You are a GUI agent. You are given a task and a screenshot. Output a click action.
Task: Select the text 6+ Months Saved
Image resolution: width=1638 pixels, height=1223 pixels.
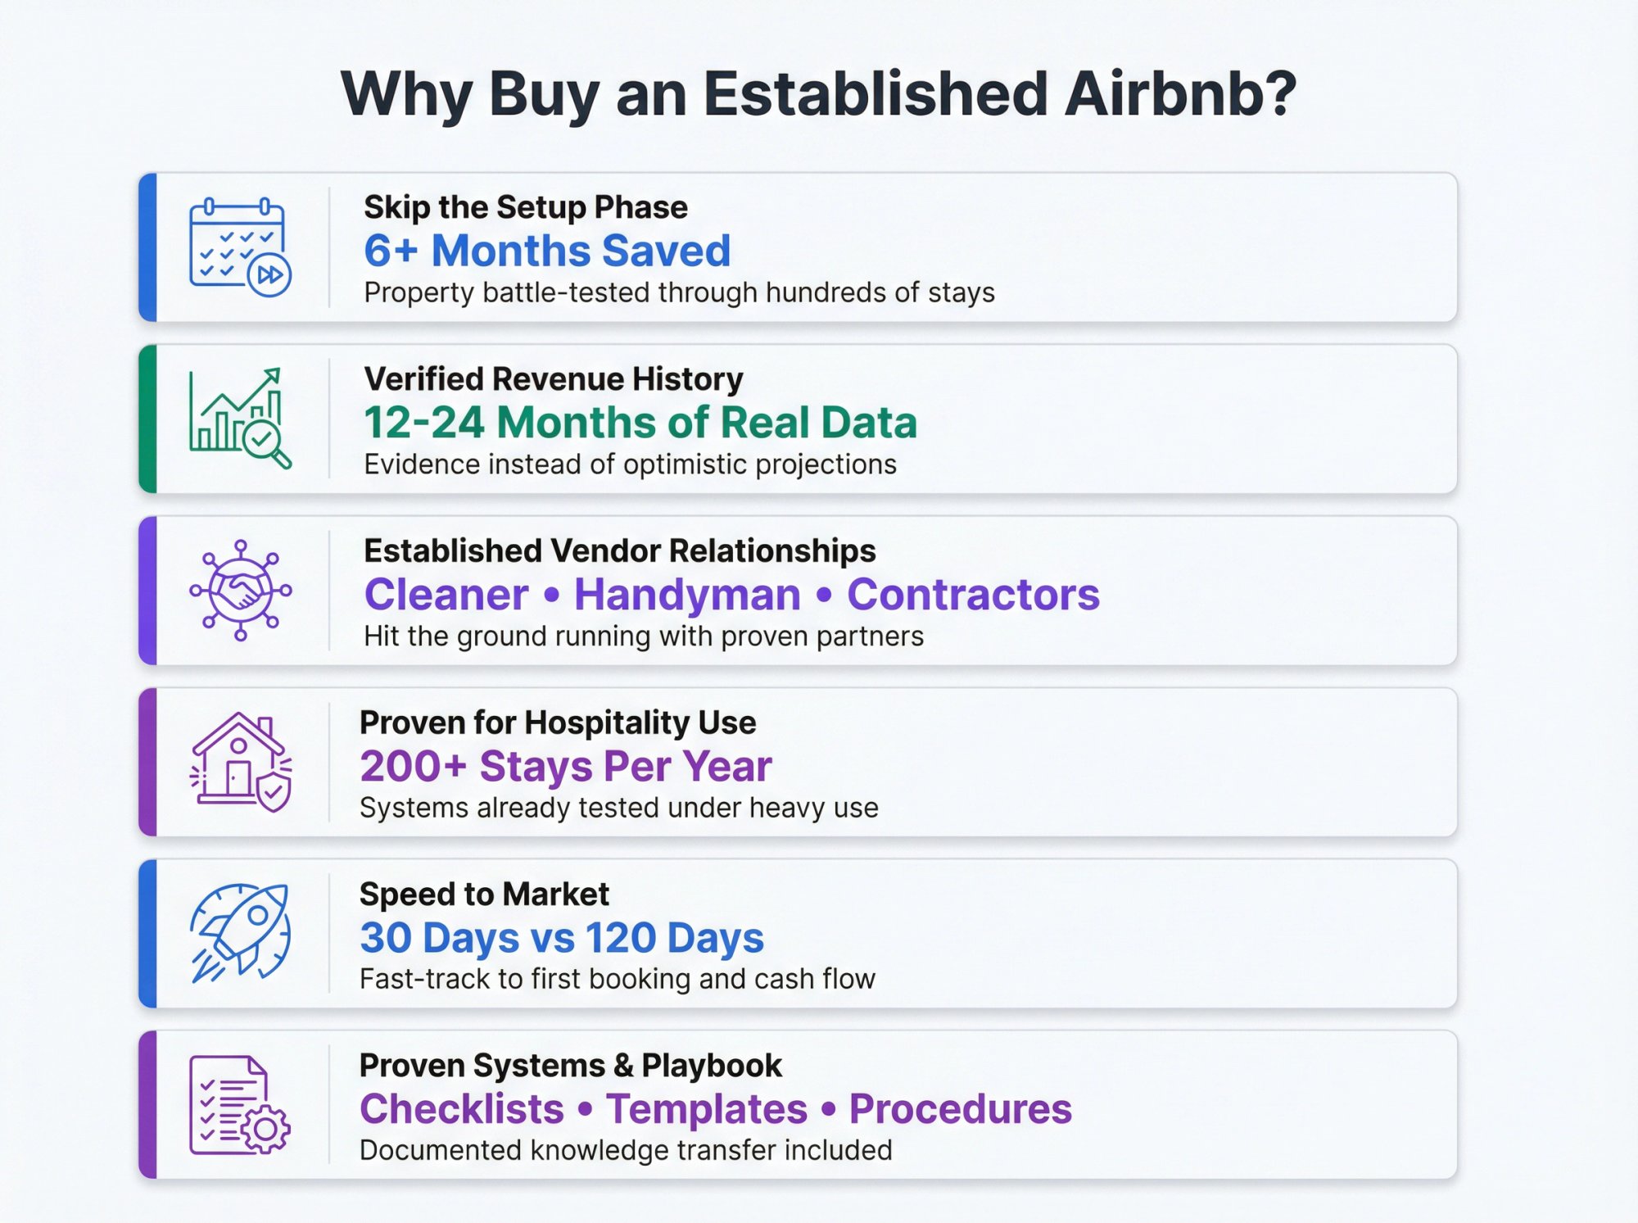coord(547,251)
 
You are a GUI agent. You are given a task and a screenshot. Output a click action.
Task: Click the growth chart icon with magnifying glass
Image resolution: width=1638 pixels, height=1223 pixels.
coord(239,419)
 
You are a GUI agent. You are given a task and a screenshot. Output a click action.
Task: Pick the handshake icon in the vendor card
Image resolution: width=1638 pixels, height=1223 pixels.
coord(239,590)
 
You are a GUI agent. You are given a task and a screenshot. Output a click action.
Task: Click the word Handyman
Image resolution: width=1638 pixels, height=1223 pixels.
coord(687,595)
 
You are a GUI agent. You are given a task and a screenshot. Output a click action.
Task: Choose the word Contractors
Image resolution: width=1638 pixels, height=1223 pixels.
coord(973,595)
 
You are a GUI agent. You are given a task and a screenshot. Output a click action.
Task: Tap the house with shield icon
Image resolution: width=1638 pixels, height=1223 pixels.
coord(239,762)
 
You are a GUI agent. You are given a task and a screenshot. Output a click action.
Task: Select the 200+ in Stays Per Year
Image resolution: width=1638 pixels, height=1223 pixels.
coord(413,767)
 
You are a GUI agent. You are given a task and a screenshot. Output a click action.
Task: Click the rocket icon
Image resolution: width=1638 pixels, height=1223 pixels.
coord(239,933)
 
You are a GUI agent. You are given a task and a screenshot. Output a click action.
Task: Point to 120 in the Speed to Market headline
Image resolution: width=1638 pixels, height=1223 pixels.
coord(621,938)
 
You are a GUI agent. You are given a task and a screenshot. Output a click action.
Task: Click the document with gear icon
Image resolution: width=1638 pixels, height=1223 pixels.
coord(239,1105)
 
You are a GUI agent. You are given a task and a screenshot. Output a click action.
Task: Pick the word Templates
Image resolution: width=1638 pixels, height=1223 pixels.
coord(707,1109)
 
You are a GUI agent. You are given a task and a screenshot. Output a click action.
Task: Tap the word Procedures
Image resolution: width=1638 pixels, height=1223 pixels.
coord(960,1109)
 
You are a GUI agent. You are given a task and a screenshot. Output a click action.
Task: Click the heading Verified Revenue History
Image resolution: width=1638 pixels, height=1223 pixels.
coord(554,379)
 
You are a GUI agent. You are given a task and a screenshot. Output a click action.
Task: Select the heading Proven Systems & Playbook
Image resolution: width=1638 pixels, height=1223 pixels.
coord(570,1066)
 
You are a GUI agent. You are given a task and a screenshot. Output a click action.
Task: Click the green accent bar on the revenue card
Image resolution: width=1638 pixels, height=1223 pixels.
coord(147,419)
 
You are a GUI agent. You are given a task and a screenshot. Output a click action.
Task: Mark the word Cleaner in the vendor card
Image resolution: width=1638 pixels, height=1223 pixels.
coord(446,595)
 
